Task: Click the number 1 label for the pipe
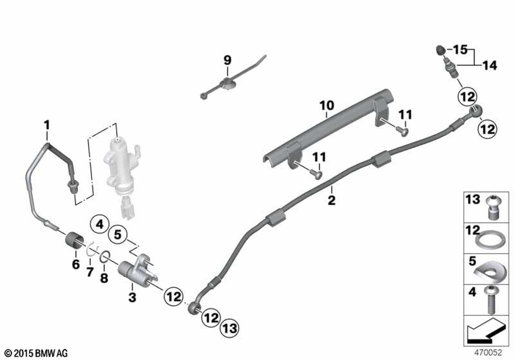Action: (x=47, y=124)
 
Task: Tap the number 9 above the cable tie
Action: (x=227, y=60)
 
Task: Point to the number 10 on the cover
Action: (x=327, y=105)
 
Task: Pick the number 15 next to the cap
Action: (x=460, y=50)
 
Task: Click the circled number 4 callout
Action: (x=99, y=224)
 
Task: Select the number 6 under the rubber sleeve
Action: (x=76, y=264)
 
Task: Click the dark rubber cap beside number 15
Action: (x=440, y=50)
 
